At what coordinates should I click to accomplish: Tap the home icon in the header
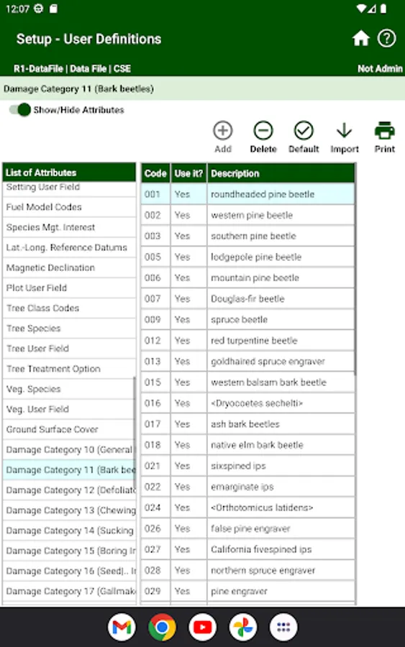point(361,39)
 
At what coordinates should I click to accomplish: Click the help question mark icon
point(387,39)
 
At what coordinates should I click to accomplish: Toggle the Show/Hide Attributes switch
point(20,110)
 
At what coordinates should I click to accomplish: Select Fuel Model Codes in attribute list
point(44,207)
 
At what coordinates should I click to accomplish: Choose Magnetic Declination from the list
point(50,267)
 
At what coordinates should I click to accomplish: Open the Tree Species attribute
point(34,329)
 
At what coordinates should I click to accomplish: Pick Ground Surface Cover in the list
point(53,429)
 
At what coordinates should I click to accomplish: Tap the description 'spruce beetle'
point(239,319)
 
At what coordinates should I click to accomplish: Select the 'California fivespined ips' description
point(261,549)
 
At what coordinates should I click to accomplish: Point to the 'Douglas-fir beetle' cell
point(247,298)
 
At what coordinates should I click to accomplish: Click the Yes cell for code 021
point(183,466)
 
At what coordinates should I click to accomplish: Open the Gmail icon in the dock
point(122,627)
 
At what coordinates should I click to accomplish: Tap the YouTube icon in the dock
point(203,627)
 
